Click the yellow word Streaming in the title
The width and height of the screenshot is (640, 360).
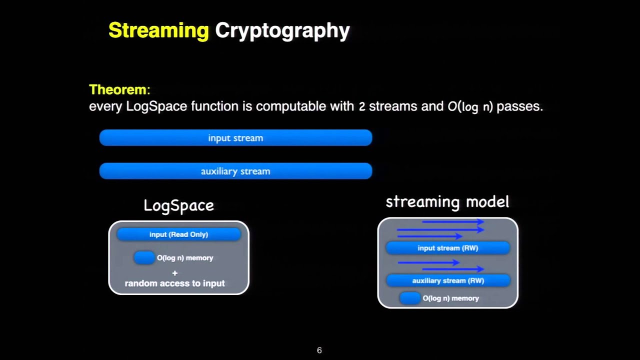coord(158,30)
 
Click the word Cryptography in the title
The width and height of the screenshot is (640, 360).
coord(282,30)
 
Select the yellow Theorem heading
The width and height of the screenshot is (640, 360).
coord(119,90)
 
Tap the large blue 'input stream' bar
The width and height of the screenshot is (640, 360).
coord(235,138)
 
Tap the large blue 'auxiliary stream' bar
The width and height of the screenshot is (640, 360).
coord(235,171)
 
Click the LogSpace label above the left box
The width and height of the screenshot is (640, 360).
coord(178,205)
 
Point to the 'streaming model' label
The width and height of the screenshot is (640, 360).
coord(447,202)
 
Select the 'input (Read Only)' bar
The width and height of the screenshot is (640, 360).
coord(178,234)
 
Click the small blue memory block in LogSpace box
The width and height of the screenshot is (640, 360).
coord(144,257)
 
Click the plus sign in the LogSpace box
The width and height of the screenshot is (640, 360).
coord(174,273)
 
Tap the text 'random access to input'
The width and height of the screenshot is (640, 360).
coord(174,283)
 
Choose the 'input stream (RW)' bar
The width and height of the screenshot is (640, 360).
coord(447,248)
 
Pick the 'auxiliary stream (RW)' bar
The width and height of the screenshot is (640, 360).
coord(447,280)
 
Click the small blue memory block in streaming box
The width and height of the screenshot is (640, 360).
coord(410,298)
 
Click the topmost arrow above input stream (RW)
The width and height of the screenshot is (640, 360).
coord(452,221)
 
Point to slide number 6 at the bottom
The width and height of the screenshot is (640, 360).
coord(319,350)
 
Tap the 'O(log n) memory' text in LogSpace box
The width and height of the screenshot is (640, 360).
coord(185,258)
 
